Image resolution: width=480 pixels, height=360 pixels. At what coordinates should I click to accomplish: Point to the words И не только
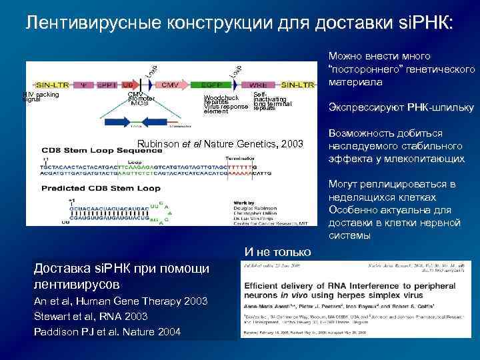coord(277,251)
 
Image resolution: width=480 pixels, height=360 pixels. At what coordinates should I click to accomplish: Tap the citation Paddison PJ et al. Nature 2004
coord(107,331)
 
